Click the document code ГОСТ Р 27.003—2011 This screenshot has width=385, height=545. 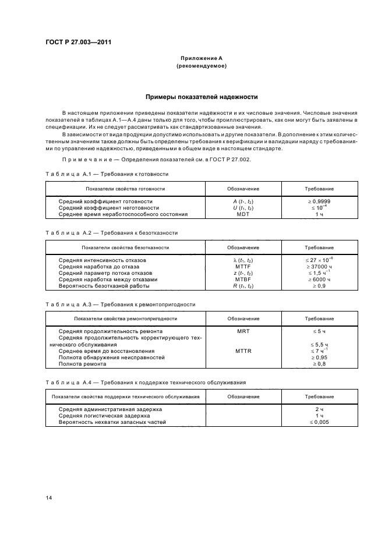click(x=78, y=43)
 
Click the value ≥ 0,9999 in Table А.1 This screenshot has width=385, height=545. click(x=319, y=201)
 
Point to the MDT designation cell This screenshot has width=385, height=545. click(x=243, y=214)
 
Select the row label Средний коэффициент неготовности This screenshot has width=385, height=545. click(x=109, y=207)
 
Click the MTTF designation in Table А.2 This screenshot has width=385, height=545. click(x=243, y=266)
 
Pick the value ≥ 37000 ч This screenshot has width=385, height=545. click(x=319, y=266)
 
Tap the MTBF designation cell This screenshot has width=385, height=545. click(x=243, y=279)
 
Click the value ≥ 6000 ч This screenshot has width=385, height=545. click(x=319, y=279)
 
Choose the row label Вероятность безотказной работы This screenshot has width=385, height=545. click(x=104, y=286)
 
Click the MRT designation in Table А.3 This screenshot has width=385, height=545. click(x=243, y=331)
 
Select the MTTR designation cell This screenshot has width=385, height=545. click(x=243, y=351)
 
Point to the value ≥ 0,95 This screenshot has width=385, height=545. click(x=319, y=358)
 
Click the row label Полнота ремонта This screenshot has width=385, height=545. click(x=82, y=364)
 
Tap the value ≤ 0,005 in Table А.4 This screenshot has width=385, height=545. click(x=319, y=422)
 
